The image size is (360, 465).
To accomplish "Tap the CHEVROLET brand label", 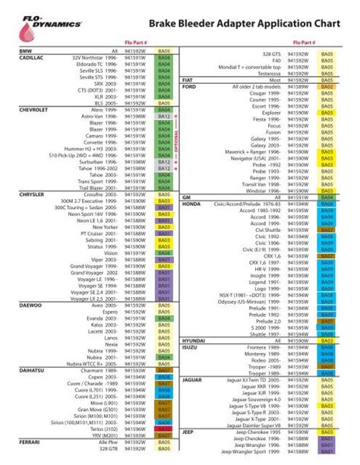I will coord(33,109).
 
